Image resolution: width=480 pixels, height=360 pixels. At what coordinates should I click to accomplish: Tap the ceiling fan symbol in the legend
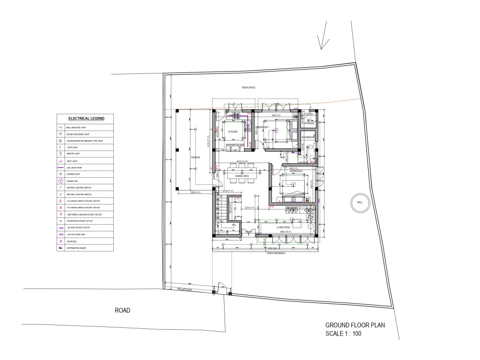click(61, 180)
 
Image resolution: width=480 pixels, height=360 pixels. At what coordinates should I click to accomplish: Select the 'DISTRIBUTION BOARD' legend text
click(77, 248)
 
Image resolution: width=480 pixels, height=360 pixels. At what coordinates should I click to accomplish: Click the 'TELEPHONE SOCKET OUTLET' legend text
click(80, 221)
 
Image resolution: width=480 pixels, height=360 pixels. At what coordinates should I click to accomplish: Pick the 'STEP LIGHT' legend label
click(73, 147)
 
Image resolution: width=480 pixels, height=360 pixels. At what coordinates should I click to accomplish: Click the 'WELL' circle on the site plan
click(360, 203)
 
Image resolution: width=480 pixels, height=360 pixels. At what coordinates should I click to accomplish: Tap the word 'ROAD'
click(122, 310)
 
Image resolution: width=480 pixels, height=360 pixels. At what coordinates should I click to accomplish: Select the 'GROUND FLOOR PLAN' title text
click(355, 325)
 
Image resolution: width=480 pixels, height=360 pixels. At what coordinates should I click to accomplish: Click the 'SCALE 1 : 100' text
click(344, 333)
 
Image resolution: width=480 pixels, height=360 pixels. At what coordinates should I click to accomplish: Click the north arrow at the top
click(324, 41)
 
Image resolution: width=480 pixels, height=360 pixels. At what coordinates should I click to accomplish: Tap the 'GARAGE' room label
click(195, 157)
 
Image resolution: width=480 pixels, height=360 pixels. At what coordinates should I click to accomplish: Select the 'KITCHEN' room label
click(233, 132)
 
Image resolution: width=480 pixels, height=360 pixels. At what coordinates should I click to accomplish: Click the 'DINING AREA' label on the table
click(241, 176)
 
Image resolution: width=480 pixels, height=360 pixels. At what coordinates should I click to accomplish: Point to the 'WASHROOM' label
click(308, 137)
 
